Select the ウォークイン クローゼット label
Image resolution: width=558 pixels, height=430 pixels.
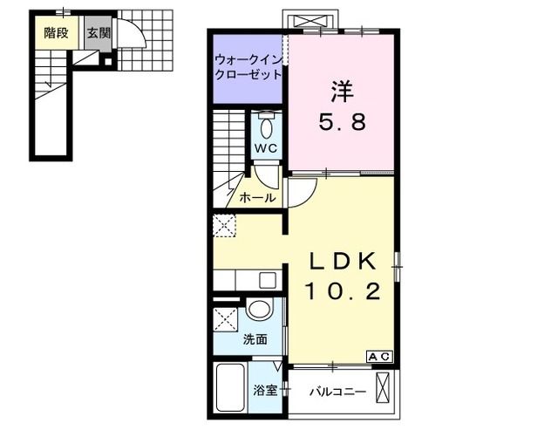(x=248, y=67)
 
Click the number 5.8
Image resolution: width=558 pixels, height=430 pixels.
(x=342, y=122)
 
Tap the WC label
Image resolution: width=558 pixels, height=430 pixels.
(x=266, y=148)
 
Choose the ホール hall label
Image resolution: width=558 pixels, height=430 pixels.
(x=257, y=198)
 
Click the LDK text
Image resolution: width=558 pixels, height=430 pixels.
(x=342, y=262)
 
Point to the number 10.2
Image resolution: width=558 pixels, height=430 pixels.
(x=342, y=292)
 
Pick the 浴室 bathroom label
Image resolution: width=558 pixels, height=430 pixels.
(x=266, y=391)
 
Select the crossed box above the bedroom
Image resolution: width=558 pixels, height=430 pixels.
(x=309, y=19)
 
